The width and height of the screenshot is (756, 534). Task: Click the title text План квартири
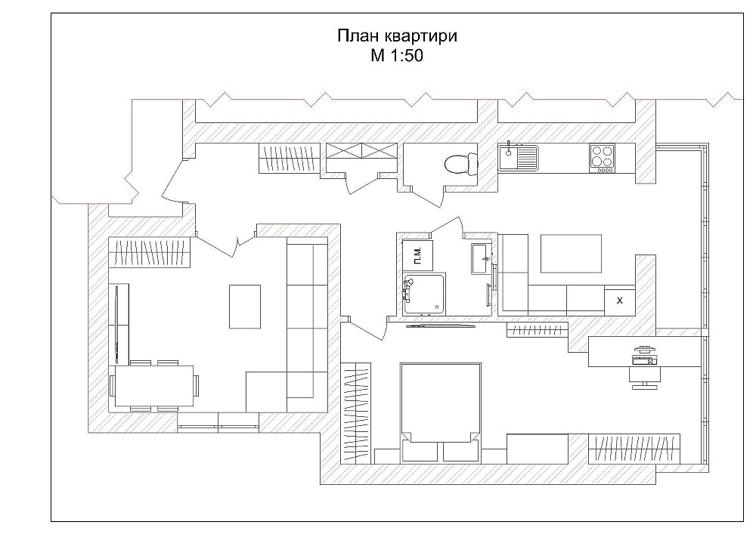396,36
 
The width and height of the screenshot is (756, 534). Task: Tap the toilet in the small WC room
460,163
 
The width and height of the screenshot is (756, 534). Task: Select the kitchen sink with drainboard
518,158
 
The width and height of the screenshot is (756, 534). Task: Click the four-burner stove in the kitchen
603,157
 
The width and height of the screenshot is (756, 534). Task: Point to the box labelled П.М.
417,255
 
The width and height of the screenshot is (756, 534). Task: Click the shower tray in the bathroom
423,294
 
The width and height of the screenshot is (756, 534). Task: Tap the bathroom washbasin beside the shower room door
481,258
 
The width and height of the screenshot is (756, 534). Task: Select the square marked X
620,300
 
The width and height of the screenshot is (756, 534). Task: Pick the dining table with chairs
154,385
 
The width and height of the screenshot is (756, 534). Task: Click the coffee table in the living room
245,306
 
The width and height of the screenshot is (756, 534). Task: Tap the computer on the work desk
644,354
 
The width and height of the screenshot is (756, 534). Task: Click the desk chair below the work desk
644,377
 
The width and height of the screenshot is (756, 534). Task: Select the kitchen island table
572,253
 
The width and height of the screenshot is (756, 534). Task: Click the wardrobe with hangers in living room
150,252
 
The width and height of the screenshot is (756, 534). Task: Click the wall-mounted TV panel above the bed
441,327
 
